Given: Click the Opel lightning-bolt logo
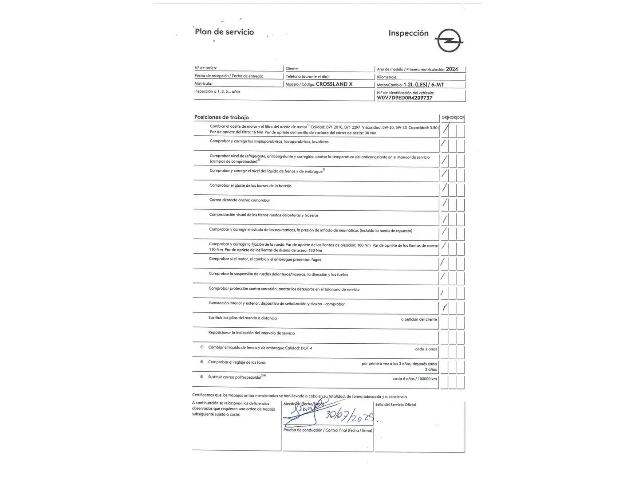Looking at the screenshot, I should (x=449, y=41).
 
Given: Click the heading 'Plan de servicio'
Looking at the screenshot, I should (x=225, y=32).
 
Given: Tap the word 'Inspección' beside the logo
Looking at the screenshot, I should (x=408, y=33).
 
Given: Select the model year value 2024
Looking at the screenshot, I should (x=452, y=69).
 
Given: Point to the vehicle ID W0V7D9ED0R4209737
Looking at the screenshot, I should (x=404, y=98).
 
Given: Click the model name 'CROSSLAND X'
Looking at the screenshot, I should (x=334, y=84).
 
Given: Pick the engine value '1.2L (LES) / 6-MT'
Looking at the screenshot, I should (x=424, y=85).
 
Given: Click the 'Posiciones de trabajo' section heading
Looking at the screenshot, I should (x=221, y=118).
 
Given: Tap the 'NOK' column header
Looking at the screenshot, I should (x=452, y=118).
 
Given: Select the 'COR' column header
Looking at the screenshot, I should (x=461, y=118).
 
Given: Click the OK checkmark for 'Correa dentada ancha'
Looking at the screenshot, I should (x=444, y=204).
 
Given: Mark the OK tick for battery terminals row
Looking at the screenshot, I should (x=444, y=189).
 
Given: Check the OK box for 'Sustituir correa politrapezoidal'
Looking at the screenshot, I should (x=443, y=381).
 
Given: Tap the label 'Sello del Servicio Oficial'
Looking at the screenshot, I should (x=395, y=405).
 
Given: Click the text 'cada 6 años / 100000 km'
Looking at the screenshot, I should (x=415, y=379).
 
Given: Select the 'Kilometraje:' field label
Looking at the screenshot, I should (x=387, y=77).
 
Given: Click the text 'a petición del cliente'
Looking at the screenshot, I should (x=419, y=319).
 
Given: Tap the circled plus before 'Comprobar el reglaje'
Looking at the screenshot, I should (x=202, y=362).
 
